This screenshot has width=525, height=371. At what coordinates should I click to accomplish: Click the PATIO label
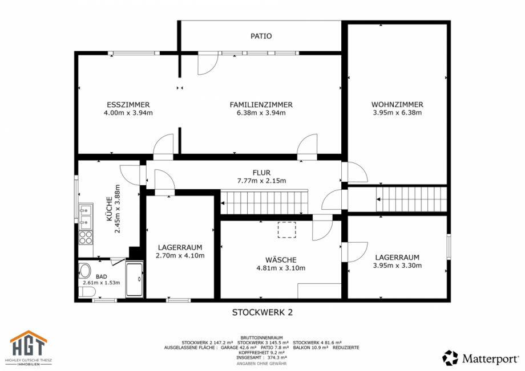261,36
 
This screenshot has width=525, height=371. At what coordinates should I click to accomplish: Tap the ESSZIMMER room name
128,105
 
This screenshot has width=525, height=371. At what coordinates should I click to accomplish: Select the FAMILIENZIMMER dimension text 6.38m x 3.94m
261,113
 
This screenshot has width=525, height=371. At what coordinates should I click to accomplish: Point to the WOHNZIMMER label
397,105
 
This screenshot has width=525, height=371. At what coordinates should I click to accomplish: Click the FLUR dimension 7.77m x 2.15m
261,181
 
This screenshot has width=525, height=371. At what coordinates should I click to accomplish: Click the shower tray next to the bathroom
135,280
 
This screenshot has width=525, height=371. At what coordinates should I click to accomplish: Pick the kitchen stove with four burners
86,237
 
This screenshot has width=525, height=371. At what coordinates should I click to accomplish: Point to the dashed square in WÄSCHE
287,229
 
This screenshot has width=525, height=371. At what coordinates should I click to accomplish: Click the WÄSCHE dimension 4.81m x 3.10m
281,268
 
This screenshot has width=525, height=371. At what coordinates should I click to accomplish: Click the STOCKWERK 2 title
262,312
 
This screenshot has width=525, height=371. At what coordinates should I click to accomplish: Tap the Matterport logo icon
450,358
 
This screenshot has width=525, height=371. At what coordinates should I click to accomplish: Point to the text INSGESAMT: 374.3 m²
262,358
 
